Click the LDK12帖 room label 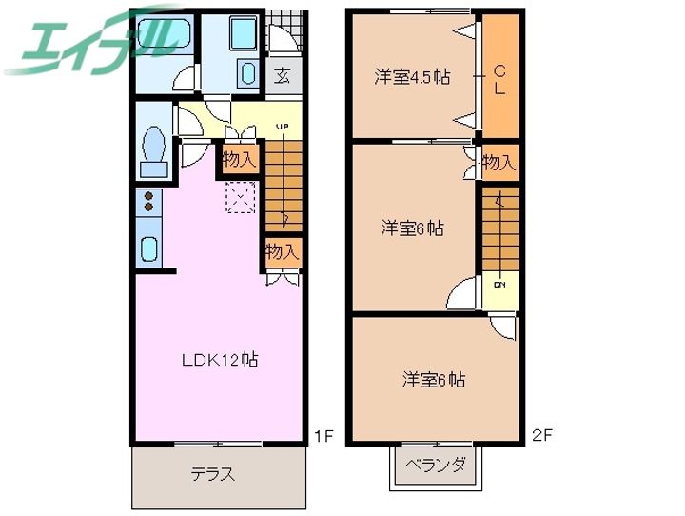(x=221, y=360)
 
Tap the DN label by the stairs (x=499, y=283)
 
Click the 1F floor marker (x=323, y=437)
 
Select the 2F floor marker (x=542, y=437)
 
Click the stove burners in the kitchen (x=149, y=202)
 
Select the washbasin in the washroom (x=247, y=74)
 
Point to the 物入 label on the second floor (x=499, y=163)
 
